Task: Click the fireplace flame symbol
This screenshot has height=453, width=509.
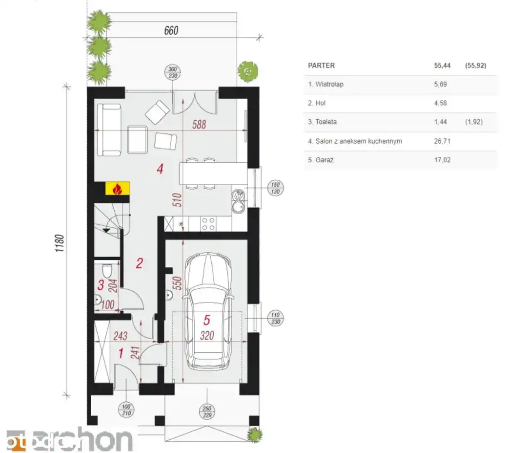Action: coord(117,189)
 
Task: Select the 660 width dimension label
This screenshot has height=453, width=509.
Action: coord(171,30)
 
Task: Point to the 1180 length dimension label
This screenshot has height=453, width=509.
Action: coord(60,243)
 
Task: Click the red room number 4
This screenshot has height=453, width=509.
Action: coord(160,169)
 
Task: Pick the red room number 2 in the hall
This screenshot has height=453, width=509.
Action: coord(140,263)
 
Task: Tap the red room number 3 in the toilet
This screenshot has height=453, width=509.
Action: coord(101,285)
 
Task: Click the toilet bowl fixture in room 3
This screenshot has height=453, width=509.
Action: coord(107,270)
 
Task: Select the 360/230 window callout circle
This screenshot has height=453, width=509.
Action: coord(173,72)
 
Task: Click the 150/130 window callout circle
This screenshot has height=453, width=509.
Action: coord(275,188)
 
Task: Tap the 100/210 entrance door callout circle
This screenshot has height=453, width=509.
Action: coord(126,410)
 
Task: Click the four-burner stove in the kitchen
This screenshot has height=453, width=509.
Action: coord(208,224)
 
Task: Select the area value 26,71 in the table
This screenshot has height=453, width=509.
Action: coord(442,141)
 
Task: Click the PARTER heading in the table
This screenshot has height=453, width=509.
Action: coord(322,65)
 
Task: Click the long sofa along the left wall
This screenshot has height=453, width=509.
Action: coord(109,130)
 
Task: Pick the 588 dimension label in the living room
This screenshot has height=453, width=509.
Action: coord(199,124)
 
